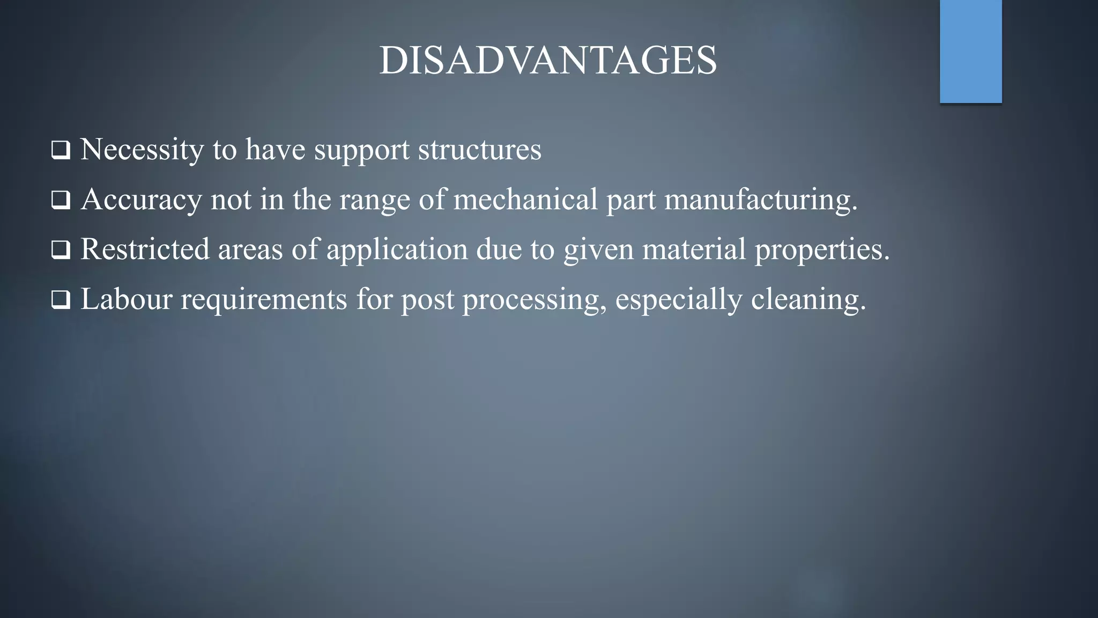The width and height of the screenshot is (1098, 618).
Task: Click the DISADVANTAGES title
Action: click(x=548, y=60)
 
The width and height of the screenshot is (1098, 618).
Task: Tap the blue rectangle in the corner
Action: click(x=970, y=51)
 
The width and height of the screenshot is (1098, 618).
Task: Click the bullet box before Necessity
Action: click(x=61, y=150)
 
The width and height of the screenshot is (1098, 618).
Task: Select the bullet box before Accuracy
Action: click(x=61, y=201)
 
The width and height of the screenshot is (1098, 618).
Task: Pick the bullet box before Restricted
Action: click(x=61, y=250)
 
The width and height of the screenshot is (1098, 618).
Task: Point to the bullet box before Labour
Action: click(x=61, y=300)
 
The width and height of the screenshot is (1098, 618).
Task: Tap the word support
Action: click(x=362, y=150)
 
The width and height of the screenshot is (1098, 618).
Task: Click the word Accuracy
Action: click(x=142, y=200)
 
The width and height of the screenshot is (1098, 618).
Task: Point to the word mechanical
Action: click(x=525, y=198)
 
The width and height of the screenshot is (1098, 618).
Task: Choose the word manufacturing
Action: click(x=761, y=200)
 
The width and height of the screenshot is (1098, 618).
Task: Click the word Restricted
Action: click(x=145, y=249)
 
